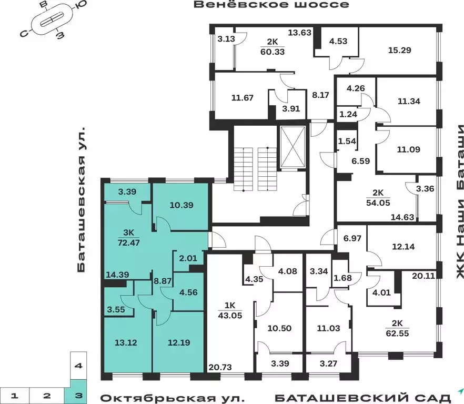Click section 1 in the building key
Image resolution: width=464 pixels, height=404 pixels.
pos(16,395)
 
